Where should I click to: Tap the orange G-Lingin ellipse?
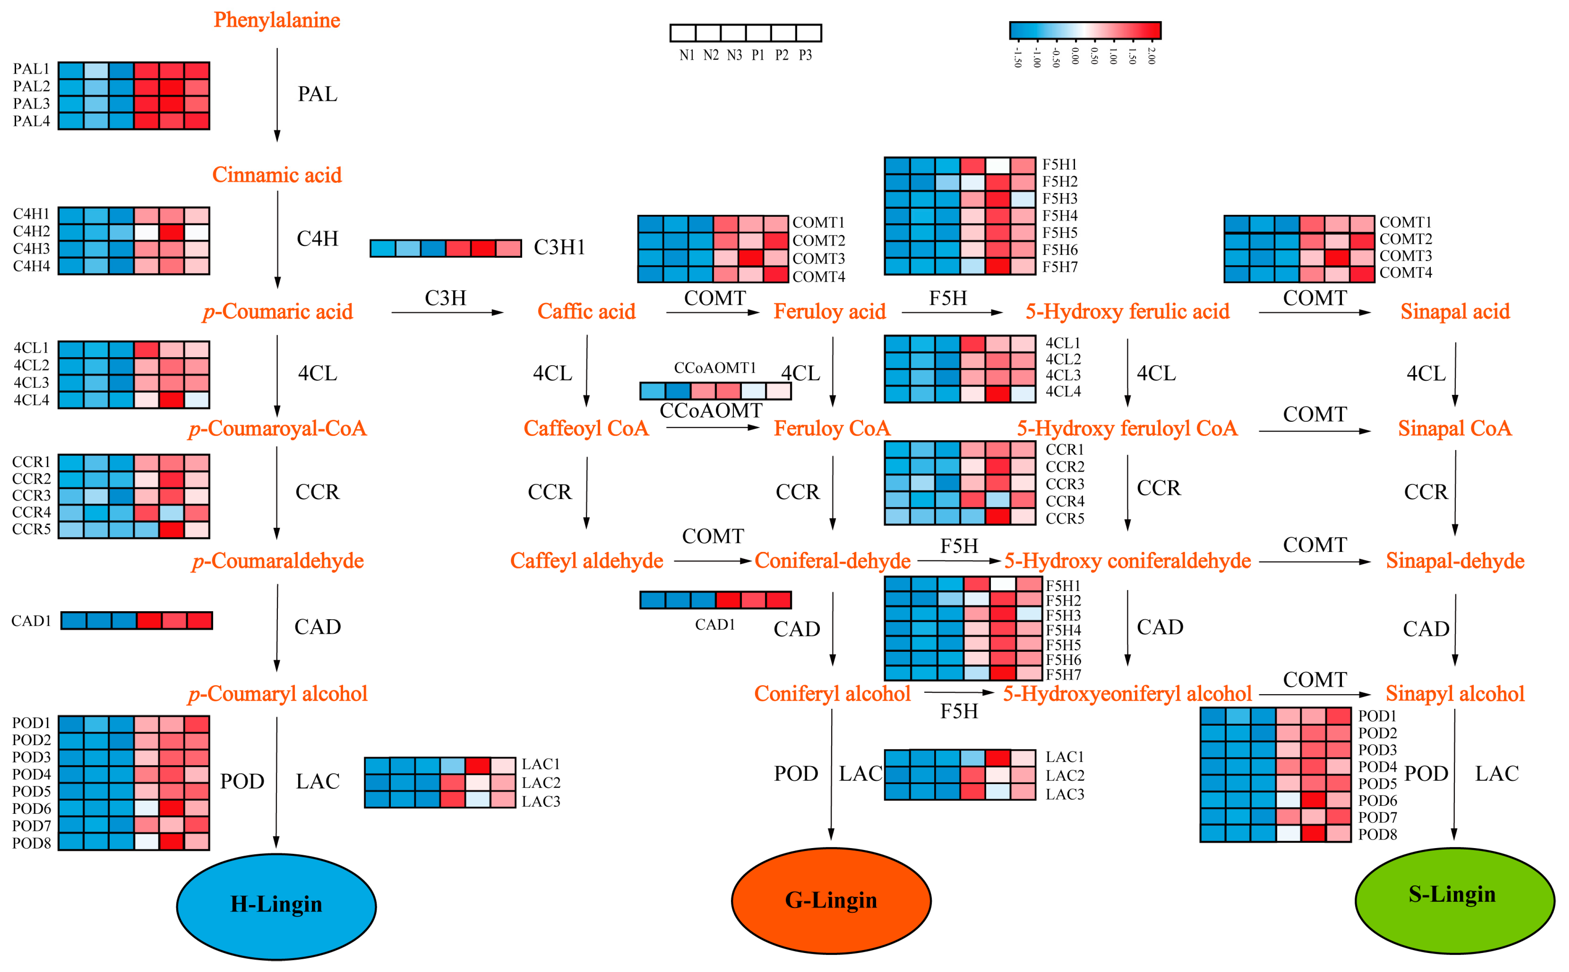831,900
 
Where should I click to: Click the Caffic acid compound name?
586,311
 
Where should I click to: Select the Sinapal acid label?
1455,311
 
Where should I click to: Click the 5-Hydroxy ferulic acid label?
1127,311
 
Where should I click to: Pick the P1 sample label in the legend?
758,55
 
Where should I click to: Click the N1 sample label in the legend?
687,55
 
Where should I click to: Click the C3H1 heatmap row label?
559,247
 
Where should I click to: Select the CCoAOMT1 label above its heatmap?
714,368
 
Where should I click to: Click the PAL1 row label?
31,69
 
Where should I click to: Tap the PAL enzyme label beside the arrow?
317,94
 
